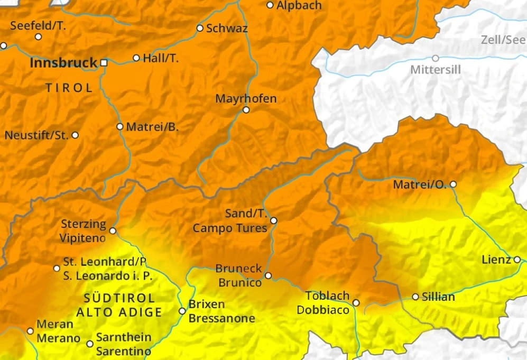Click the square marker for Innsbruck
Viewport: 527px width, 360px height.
pos(104,62)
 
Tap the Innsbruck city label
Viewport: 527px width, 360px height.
pos(63,62)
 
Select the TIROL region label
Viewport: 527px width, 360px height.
pos(69,88)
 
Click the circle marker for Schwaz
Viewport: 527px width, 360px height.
pos(200,28)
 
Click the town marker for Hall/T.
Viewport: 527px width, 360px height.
pos(136,58)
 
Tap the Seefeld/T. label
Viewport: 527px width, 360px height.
pos(38,25)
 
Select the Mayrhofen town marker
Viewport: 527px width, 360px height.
pos(246,110)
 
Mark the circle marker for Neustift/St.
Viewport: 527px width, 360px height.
pos(75,135)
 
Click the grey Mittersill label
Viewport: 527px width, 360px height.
pos(436,70)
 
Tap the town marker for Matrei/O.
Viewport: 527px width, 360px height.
pos(452,184)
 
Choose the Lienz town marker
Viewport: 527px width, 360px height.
pos(517,259)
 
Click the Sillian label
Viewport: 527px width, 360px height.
pos(438,297)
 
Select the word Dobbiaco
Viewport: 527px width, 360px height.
pos(322,310)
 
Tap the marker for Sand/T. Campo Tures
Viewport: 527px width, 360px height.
pos(273,220)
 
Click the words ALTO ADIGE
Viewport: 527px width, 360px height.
pos(119,312)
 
